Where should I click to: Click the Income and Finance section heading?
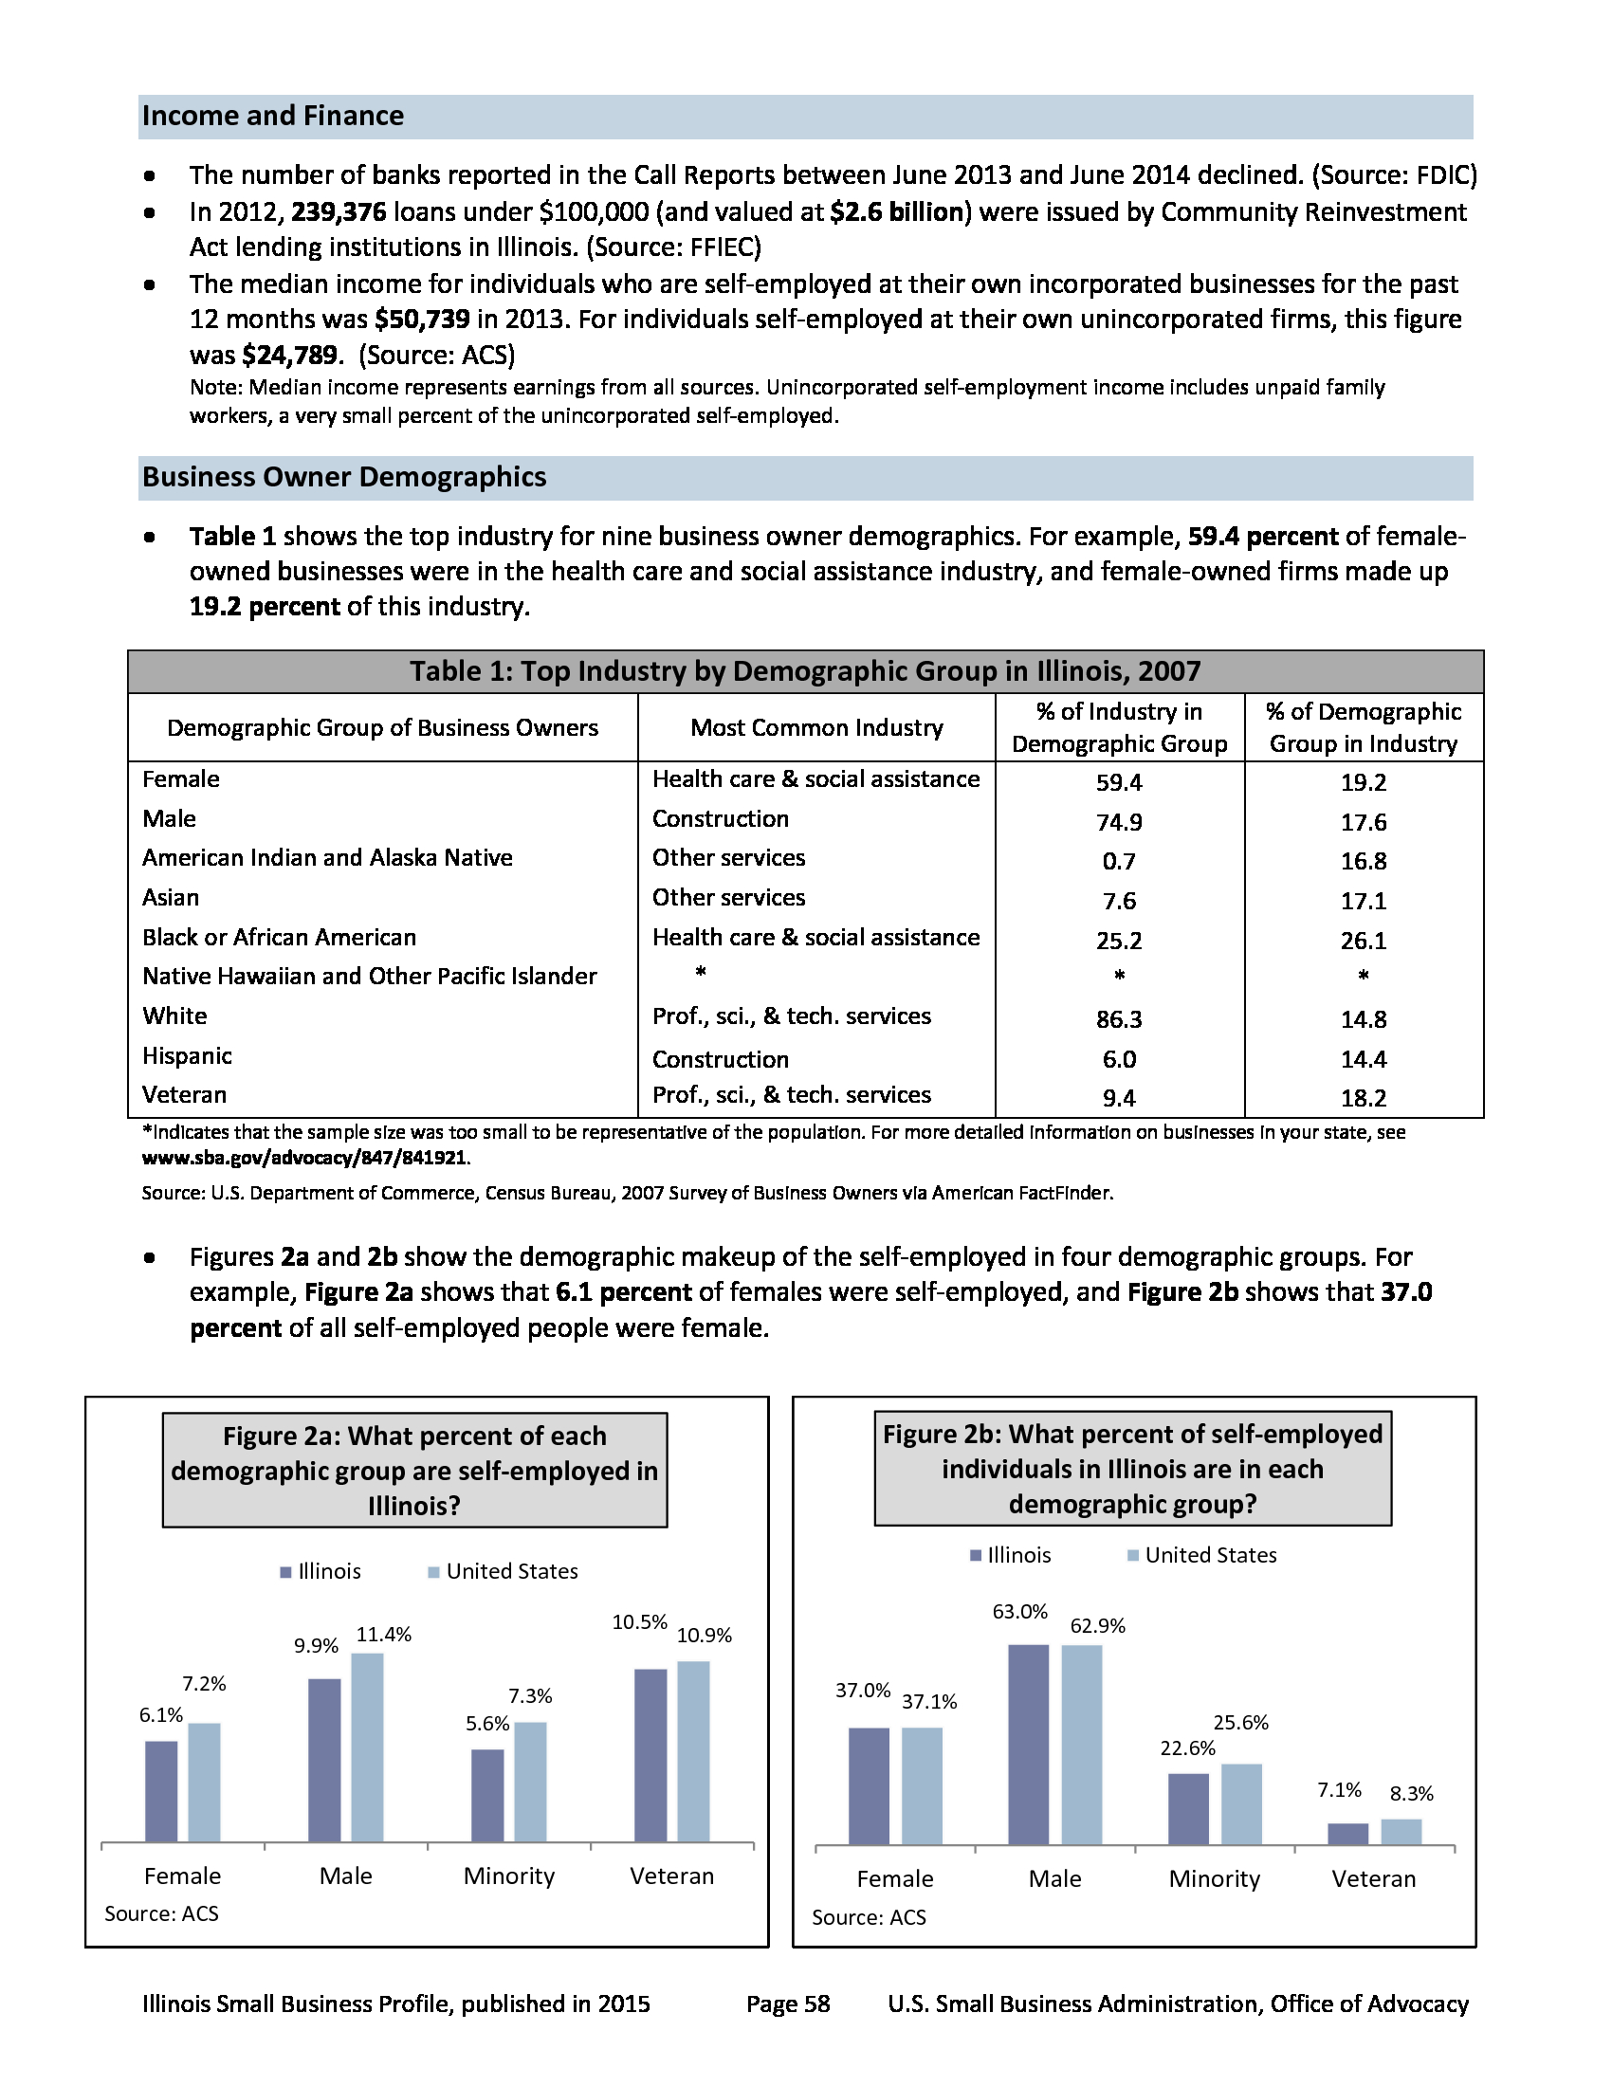click(273, 116)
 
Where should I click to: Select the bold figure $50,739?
click(422, 319)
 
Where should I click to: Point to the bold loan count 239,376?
click(339, 212)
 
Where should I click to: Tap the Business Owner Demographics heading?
click(344, 477)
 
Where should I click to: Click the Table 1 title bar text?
click(805, 671)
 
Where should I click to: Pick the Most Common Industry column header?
click(816, 728)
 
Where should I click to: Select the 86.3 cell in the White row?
click(1118, 1019)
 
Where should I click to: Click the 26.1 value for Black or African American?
click(1363, 941)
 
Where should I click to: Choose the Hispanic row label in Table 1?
click(187, 1056)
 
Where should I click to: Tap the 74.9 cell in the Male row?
click(1118, 822)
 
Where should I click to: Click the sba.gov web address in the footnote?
click(304, 1158)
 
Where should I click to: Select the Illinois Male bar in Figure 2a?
click(324, 1759)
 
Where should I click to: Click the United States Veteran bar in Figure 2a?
click(693, 1750)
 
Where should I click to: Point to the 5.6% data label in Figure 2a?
click(487, 1724)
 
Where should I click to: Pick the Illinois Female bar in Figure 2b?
click(868, 1785)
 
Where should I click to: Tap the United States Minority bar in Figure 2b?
click(1241, 1803)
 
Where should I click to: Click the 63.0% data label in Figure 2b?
click(1020, 1612)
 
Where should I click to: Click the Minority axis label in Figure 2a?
click(509, 1876)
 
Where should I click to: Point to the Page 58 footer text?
click(788, 2004)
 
